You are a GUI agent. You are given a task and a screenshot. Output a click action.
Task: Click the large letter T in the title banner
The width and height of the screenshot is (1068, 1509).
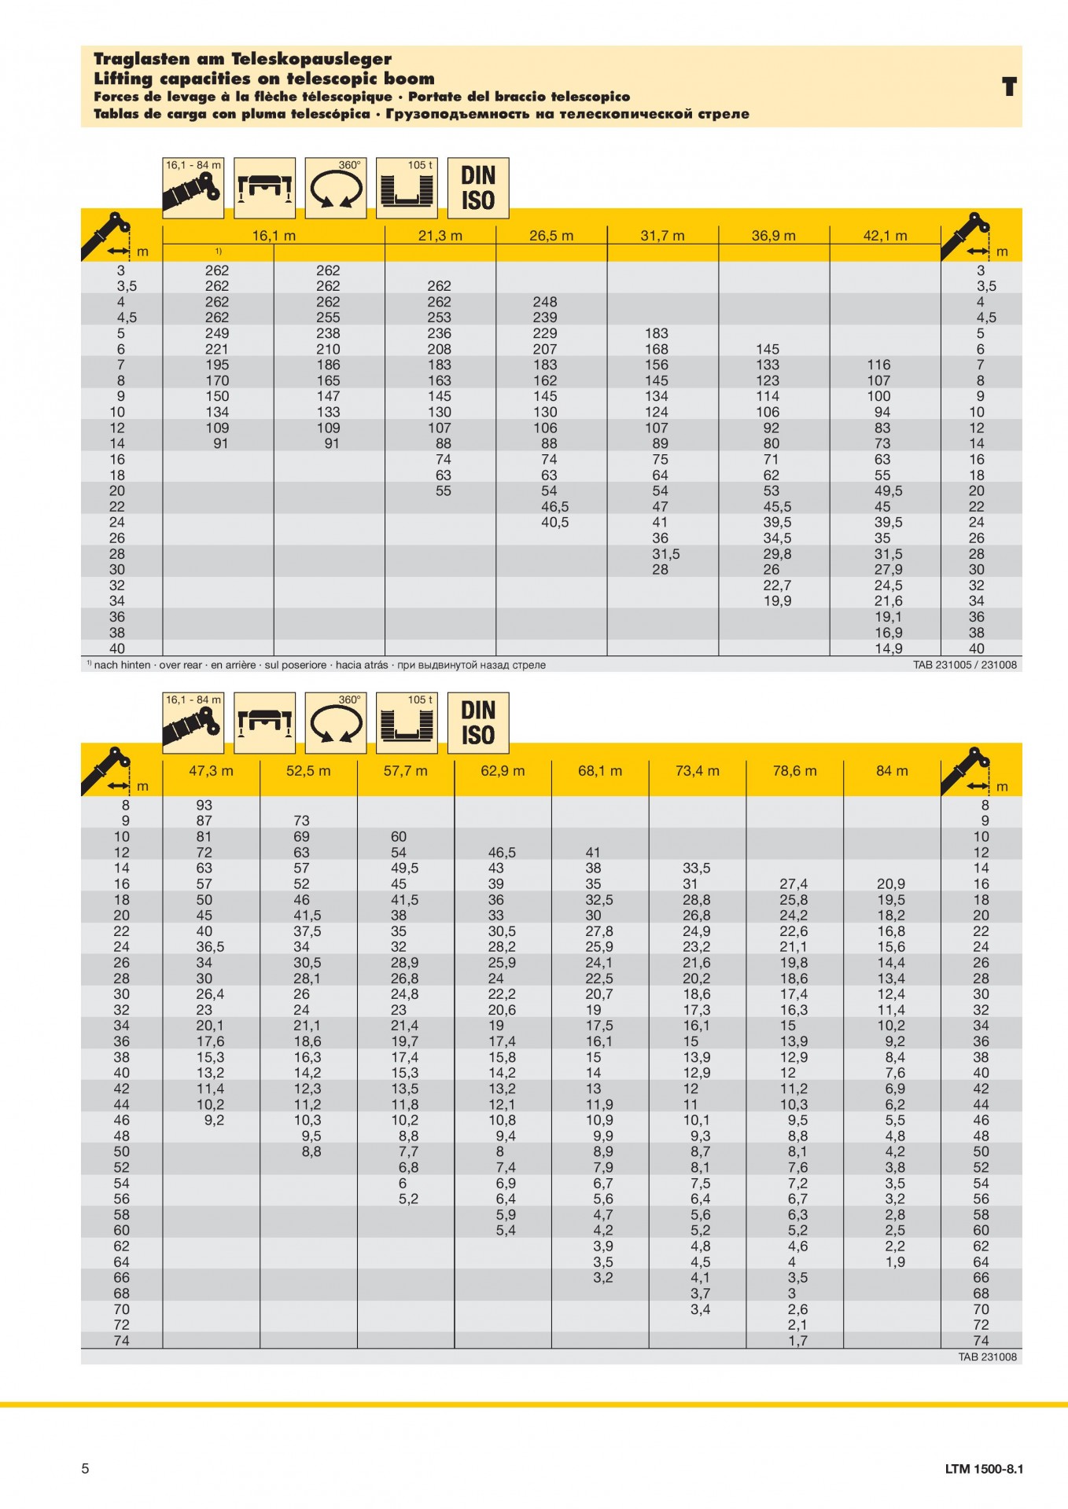coord(1009,86)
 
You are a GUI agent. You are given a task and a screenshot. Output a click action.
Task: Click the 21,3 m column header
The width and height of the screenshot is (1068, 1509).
coord(440,235)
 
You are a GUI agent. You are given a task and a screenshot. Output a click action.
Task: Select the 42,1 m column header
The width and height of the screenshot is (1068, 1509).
coord(885,235)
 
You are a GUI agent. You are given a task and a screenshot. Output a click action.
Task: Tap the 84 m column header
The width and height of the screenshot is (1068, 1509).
coord(892,770)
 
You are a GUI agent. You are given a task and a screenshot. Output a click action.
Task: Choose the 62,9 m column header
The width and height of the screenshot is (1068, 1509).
coord(503,770)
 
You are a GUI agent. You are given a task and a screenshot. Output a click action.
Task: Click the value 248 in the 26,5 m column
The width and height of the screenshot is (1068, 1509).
coord(544,302)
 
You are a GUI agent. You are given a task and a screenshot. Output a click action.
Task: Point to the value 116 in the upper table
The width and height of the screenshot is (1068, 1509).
coord(878,365)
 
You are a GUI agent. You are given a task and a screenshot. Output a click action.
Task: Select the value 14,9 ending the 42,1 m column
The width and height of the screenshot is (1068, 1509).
coord(888,648)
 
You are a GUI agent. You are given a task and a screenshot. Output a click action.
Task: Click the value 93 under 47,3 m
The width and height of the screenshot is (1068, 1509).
coord(204,805)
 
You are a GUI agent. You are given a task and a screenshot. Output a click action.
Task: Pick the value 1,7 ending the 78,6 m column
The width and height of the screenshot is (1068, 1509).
coord(797,1340)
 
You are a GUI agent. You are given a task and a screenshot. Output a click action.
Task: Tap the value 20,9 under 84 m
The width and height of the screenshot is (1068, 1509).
coord(890,883)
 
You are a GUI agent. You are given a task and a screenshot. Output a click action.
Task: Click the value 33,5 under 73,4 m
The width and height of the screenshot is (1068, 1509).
coord(696,868)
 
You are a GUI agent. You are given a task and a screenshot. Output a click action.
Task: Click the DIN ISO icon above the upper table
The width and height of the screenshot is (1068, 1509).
coord(478,188)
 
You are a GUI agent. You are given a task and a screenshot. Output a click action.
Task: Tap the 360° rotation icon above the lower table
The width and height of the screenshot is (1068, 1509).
coord(336,722)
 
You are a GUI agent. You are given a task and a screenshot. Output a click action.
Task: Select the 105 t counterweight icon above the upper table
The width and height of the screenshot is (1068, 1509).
coord(407,188)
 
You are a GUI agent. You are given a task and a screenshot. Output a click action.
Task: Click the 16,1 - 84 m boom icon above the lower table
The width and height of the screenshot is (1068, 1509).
coord(193,722)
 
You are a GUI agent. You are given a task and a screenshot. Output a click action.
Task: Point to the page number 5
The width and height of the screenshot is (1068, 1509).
coord(86,1468)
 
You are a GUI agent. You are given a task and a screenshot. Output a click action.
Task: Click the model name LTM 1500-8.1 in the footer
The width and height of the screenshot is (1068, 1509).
coord(984,1468)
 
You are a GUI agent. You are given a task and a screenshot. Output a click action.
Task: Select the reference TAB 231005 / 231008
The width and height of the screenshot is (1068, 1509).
coord(964,665)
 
